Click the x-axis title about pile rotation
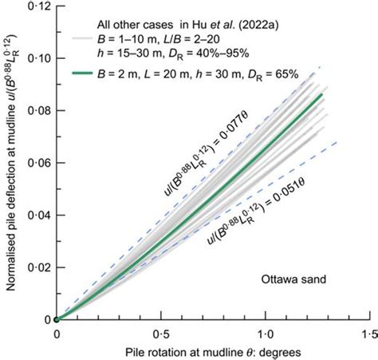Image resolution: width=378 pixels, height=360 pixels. click(x=212, y=351)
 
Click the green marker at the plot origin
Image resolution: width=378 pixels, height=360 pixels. click(x=56, y=319)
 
